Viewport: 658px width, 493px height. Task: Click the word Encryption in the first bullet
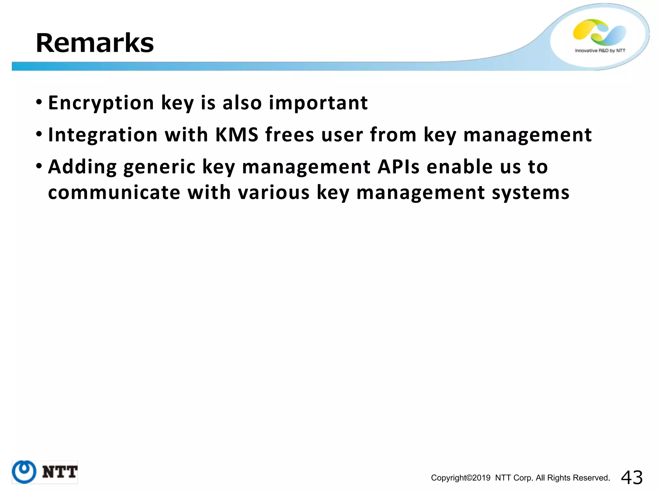pyautogui.click(x=101, y=103)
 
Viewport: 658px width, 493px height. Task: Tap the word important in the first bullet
pyautogui.click(x=318, y=103)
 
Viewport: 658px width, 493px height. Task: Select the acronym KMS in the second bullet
pyautogui.click(x=237, y=135)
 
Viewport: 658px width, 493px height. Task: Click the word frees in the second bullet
pyautogui.click(x=289, y=135)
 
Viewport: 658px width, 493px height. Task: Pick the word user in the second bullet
pyautogui.click(x=342, y=135)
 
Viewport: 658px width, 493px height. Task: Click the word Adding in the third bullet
pyautogui.click(x=82, y=167)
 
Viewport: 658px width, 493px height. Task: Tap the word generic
pyautogui.click(x=159, y=167)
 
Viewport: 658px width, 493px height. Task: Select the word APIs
pyautogui.click(x=398, y=167)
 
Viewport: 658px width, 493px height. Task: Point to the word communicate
pyautogui.click(x=114, y=193)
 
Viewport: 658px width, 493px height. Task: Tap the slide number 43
pyautogui.click(x=632, y=478)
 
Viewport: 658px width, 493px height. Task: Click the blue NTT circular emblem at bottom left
pyautogui.click(x=24, y=472)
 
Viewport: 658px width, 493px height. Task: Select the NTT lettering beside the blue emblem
pyautogui.click(x=60, y=472)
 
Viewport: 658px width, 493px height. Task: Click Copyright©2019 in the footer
pyautogui.click(x=460, y=478)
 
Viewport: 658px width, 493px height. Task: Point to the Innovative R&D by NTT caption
pyautogui.click(x=600, y=51)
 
